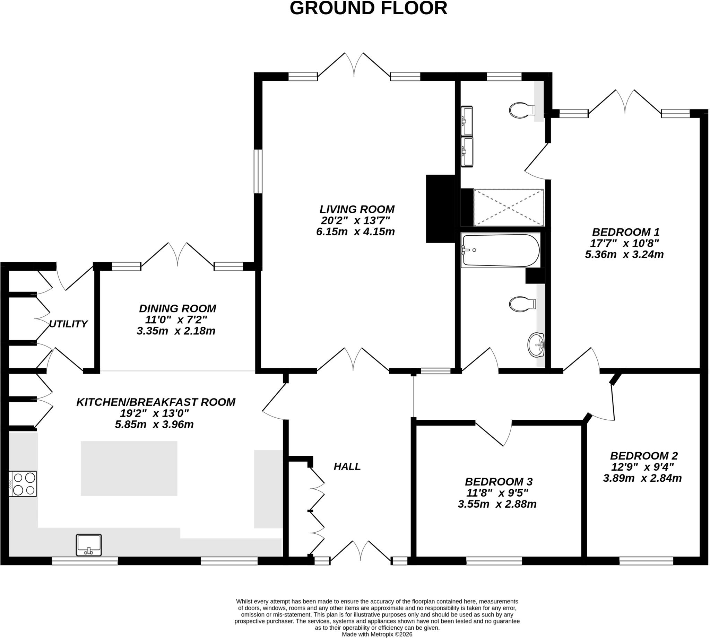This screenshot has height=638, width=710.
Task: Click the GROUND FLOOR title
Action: click(368, 8)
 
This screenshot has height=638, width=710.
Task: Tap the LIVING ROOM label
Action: click(357, 209)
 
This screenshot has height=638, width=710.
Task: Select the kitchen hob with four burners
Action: click(23, 483)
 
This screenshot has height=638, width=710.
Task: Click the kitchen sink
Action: click(89, 545)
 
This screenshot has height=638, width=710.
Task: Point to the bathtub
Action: click(501, 250)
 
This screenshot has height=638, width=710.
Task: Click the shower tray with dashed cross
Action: click(508, 208)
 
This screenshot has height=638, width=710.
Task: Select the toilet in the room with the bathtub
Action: click(522, 304)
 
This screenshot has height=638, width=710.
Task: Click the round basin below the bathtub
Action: click(536, 344)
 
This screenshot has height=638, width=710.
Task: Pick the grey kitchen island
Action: click(129, 468)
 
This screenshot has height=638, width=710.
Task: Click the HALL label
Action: click(347, 466)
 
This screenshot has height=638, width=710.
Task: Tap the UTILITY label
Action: click(68, 324)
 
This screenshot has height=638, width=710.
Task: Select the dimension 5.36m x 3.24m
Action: click(624, 254)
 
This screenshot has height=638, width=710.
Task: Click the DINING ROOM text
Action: click(177, 308)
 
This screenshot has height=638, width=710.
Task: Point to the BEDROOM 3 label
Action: click(499, 481)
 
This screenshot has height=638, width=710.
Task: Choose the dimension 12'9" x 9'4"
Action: click(642, 467)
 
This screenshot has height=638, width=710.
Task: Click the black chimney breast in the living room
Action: click(440, 209)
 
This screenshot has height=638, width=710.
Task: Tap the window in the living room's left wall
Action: click(258, 172)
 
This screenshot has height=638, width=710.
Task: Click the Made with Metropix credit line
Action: click(377, 634)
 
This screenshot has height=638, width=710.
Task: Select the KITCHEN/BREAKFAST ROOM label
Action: click(156, 402)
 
